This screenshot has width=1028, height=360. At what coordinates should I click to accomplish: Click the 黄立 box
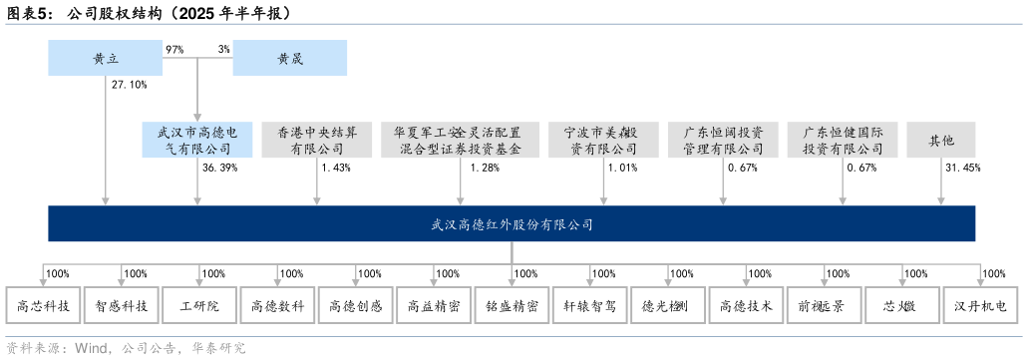106,58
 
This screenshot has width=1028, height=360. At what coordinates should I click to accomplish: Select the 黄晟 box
290,58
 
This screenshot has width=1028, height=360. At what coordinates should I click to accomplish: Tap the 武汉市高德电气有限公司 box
197,140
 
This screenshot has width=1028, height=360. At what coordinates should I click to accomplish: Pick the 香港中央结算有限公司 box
317,140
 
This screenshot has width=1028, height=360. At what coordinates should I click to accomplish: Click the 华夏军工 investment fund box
460,140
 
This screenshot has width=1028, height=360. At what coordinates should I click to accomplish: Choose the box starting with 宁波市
603,140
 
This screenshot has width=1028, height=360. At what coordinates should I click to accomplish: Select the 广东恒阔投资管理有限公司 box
723,140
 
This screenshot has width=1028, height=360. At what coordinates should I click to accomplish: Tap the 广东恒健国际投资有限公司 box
843,140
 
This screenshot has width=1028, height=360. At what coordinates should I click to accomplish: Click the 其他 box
940,140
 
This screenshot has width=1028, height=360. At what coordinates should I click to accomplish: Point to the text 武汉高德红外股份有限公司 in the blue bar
512,224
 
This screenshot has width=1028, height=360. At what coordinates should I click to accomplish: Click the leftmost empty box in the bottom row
43,305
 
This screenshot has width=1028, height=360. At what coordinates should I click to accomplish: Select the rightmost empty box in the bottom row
980,305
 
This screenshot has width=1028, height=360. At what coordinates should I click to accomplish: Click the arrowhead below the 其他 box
940,200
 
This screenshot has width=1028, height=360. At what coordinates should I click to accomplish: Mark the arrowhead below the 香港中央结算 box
317,200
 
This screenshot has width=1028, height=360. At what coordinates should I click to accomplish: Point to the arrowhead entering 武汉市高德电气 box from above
197,117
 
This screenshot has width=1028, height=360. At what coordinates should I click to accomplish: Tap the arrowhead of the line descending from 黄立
106,200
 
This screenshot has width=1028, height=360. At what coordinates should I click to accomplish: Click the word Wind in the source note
92,348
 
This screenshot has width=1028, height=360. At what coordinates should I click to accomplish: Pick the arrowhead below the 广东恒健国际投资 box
843,200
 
